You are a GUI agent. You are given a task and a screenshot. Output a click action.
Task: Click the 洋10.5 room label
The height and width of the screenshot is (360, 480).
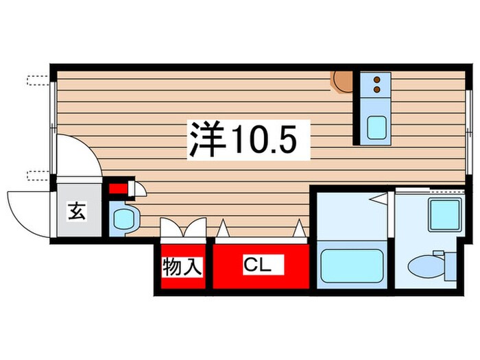(x=243, y=140)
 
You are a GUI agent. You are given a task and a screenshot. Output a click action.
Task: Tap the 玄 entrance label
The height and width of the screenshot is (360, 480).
(x=76, y=212)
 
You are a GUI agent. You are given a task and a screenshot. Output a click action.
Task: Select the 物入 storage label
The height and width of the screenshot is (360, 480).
(x=183, y=267)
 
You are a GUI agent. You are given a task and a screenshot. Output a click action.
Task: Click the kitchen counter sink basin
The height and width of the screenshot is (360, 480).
(x=376, y=128)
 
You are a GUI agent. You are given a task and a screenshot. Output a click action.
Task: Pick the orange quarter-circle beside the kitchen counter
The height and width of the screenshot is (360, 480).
(x=341, y=82)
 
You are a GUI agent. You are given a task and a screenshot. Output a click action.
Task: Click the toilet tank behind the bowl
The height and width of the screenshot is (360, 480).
(x=449, y=265)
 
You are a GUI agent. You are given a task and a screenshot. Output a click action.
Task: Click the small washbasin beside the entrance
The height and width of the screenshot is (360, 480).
(x=124, y=219)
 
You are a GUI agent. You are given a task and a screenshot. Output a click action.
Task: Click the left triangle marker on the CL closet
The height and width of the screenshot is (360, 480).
(x=223, y=228)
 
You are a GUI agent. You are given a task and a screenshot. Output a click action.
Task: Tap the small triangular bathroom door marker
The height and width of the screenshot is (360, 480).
(x=377, y=198)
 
